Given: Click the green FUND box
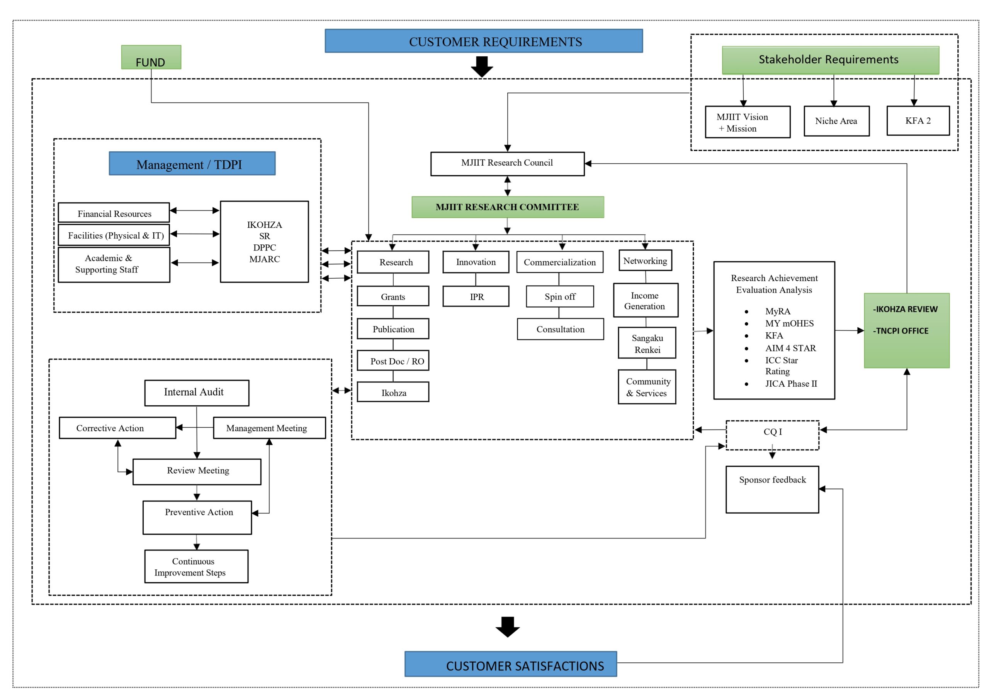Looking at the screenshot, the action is pyautogui.click(x=151, y=57).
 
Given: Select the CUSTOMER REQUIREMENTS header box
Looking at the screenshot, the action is pyautogui.click(x=484, y=41).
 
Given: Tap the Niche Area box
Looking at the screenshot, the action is pyautogui.click(x=836, y=121).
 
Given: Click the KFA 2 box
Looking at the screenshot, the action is pyautogui.click(x=918, y=120).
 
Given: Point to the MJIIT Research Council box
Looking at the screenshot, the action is pyautogui.click(x=507, y=164).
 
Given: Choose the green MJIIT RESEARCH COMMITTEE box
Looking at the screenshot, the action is pyautogui.click(x=507, y=207).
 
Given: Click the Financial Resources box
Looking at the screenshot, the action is pyautogui.click(x=114, y=213).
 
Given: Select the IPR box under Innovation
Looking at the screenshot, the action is pyautogui.click(x=476, y=296).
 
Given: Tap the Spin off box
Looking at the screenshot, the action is pyautogui.click(x=559, y=296).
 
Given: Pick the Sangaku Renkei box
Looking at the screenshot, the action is pyautogui.click(x=647, y=343).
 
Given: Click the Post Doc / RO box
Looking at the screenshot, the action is pyautogui.click(x=393, y=360).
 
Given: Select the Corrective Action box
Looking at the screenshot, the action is pyautogui.click(x=117, y=428).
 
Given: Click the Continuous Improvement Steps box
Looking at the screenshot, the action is pyautogui.click(x=196, y=567).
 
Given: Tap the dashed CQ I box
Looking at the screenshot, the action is pyautogui.click(x=772, y=435).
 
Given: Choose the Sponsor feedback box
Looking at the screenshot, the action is pyautogui.click(x=772, y=489).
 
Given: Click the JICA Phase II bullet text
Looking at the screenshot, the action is pyautogui.click(x=791, y=384).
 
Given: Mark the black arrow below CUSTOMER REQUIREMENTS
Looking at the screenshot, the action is pyautogui.click(x=482, y=67).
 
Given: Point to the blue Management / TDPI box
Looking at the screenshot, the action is pyautogui.click(x=192, y=163).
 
